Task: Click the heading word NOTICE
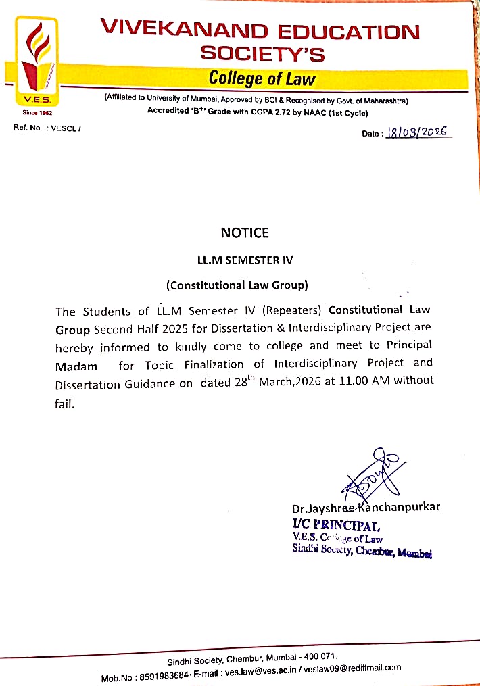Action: (x=245, y=233)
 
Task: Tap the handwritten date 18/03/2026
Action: (x=418, y=133)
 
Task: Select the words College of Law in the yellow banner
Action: (x=262, y=79)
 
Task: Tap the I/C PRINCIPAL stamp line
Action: (x=336, y=524)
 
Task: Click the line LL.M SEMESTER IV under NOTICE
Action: (x=245, y=260)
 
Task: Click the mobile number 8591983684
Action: (x=164, y=676)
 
